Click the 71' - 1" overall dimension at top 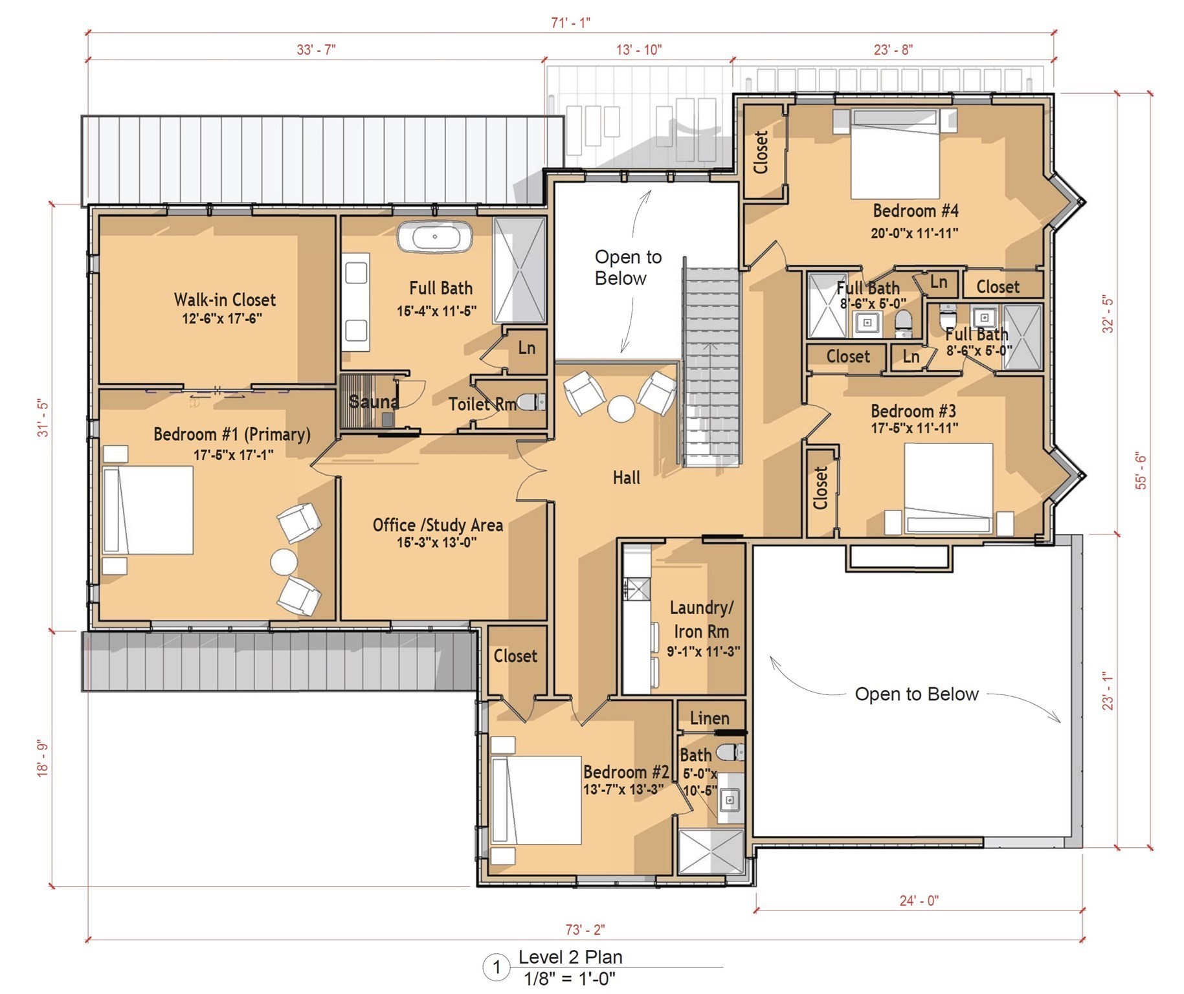(570, 23)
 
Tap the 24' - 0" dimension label (919, 900)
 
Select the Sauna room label (373, 402)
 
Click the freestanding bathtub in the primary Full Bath (434, 236)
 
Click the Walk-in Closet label (225, 300)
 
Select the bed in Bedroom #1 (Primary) (148, 510)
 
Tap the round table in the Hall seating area (621, 409)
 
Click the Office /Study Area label (438, 525)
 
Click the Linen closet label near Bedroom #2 (709, 718)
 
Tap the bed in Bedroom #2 (536, 800)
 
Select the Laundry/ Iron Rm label (702, 619)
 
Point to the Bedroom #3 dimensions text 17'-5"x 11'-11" (914, 428)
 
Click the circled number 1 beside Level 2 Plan (497, 967)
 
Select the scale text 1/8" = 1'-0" (570, 978)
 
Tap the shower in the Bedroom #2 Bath (711, 852)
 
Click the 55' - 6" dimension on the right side (1141, 471)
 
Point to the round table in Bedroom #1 (284, 562)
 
